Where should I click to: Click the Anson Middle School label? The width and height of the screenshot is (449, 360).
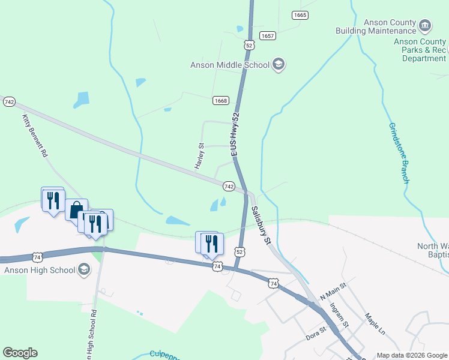pos(230,65)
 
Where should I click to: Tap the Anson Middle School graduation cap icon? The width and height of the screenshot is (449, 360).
pos(279,64)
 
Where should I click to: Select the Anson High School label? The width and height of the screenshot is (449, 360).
pos(38,270)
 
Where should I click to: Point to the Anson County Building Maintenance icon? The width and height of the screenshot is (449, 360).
pos(425,26)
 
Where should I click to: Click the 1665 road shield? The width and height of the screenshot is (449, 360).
pos(300,15)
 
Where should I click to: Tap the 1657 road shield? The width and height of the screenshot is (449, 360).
pos(268,36)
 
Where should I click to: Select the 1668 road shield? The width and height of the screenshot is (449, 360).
pos(220,101)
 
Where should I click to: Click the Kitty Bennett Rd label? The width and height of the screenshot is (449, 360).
pos(35,136)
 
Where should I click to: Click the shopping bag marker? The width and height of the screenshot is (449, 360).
pos(76,210)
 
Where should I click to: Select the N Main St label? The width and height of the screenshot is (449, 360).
pos(333,293)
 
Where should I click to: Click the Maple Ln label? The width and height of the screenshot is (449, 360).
pos(375,323)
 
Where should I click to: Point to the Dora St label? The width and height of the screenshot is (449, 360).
pos(316,333)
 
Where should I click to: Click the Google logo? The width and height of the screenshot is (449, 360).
pos(20,353)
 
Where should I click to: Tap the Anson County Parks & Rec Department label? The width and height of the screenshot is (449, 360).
pos(424,50)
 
